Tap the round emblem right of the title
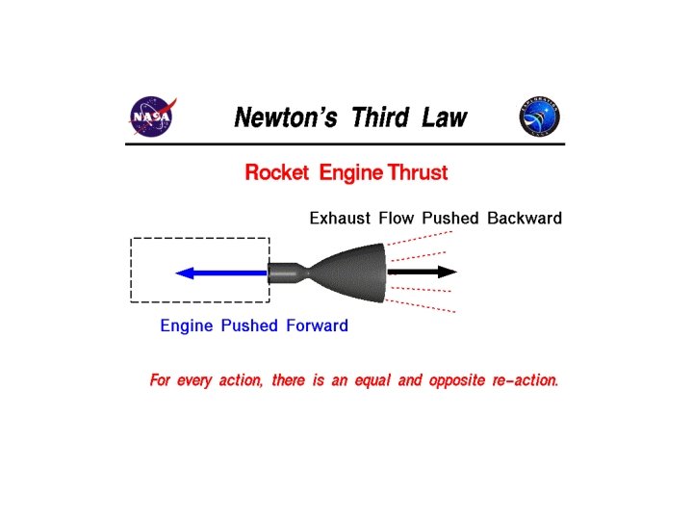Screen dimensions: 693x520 [x=540, y=117]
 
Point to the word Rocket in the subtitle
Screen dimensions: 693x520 [x=276, y=173]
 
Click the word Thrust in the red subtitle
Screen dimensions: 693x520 [x=417, y=173]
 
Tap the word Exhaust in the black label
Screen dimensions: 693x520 [x=338, y=219]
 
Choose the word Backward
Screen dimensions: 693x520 [x=525, y=219]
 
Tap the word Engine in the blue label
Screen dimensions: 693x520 [x=186, y=325]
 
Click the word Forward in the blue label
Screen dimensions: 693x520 [x=316, y=325]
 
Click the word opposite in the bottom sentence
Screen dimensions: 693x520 [x=458, y=381]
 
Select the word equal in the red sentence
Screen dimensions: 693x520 [x=373, y=381]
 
